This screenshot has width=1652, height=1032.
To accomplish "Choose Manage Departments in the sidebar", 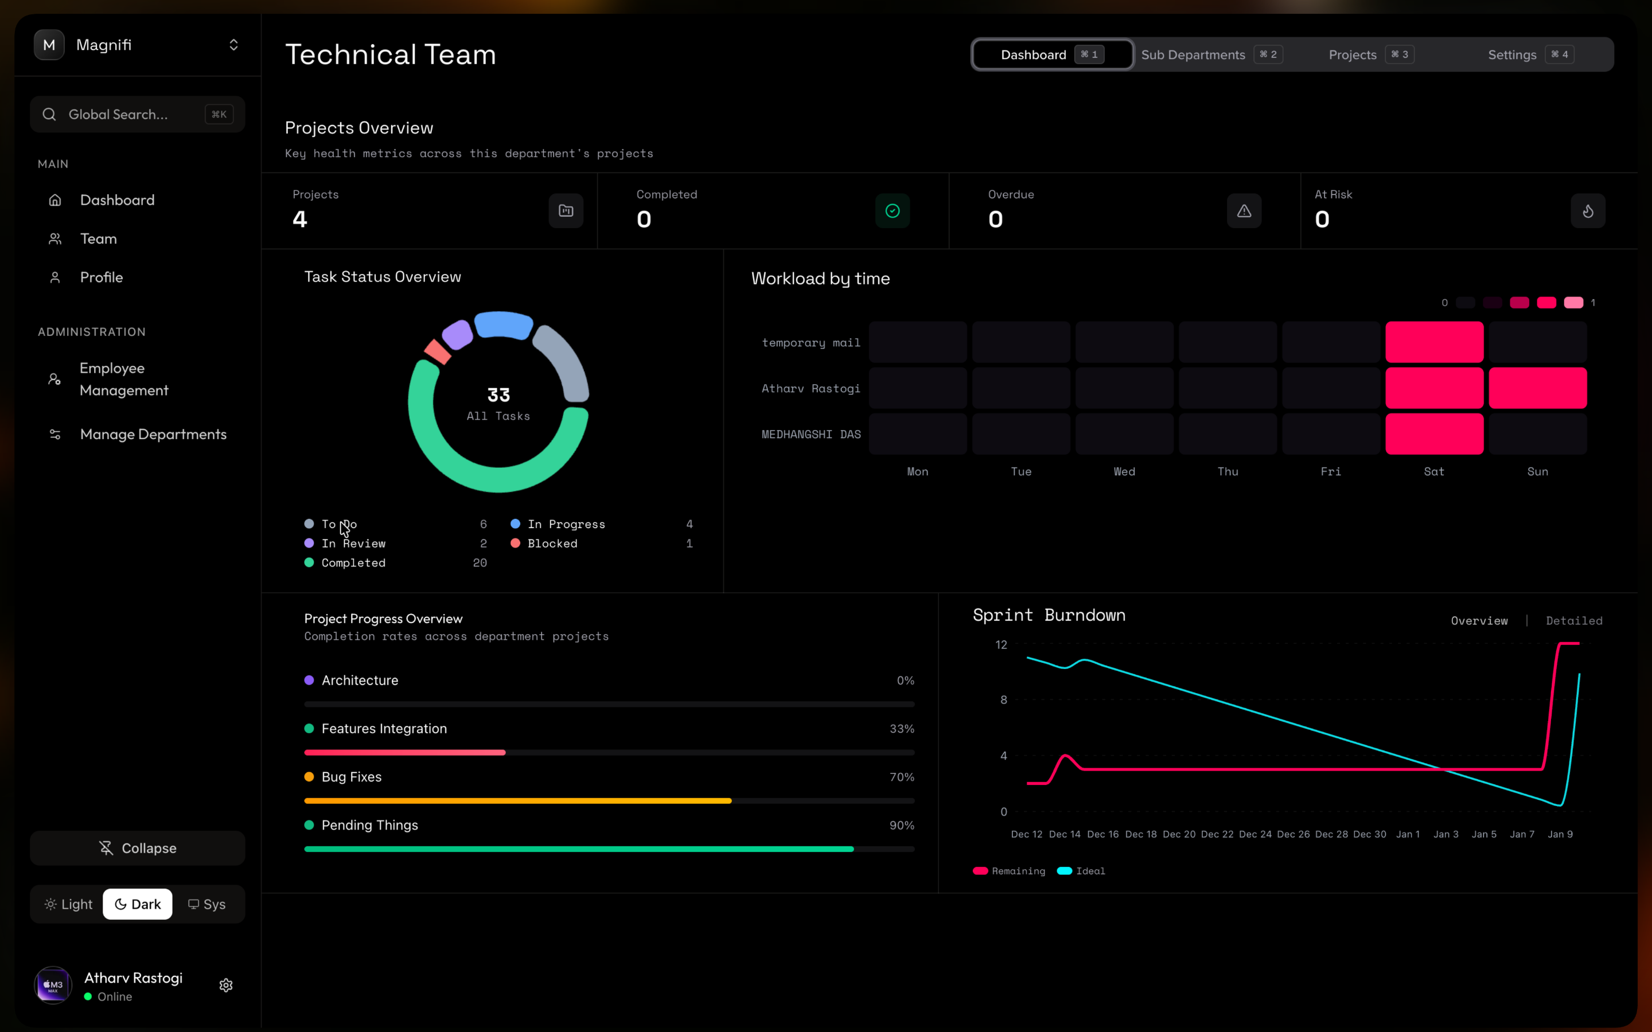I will pyautogui.click(x=153, y=434).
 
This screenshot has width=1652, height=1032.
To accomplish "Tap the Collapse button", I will pyautogui.click(x=137, y=848).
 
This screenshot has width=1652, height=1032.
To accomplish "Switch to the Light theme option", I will pyautogui.click(x=68, y=904).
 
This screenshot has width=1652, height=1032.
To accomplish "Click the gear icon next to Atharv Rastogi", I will pyautogui.click(x=226, y=985).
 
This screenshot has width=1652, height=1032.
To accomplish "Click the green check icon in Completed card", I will pyautogui.click(x=892, y=211).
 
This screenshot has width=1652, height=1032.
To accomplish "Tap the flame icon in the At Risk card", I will pyautogui.click(x=1588, y=211).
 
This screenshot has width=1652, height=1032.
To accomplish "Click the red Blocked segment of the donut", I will pyautogui.click(x=438, y=351).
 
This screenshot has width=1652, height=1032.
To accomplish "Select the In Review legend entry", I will pyautogui.click(x=353, y=544).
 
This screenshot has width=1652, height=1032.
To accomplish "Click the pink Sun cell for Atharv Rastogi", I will pyautogui.click(x=1537, y=388).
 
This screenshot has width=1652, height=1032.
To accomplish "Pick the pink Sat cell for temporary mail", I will pyautogui.click(x=1434, y=342).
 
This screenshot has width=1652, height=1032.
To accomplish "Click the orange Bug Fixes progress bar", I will pyautogui.click(x=517, y=800).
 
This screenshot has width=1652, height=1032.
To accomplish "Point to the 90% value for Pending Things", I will pyautogui.click(x=901, y=825).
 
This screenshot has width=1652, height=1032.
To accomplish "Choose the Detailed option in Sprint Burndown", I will pyautogui.click(x=1573, y=620).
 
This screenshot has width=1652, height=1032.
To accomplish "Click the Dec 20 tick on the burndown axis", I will pyautogui.click(x=1179, y=834).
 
